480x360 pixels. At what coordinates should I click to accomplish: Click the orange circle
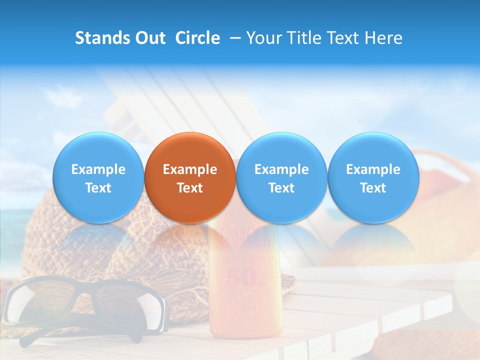click(190, 177)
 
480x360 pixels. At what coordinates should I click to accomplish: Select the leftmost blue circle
click(98, 177)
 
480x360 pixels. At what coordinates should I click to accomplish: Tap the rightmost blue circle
click(373, 177)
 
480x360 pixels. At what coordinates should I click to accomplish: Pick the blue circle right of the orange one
click(281, 177)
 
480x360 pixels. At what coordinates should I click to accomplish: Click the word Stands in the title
click(100, 38)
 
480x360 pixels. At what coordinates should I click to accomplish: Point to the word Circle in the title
click(197, 38)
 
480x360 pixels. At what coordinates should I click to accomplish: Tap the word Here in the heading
click(383, 38)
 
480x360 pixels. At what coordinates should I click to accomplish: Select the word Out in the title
click(148, 38)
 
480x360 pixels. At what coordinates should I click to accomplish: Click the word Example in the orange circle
click(190, 169)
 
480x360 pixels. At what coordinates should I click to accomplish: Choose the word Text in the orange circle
click(190, 188)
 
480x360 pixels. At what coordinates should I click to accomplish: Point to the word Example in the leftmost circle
click(98, 169)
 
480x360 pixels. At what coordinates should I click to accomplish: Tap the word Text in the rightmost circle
click(373, 188)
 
